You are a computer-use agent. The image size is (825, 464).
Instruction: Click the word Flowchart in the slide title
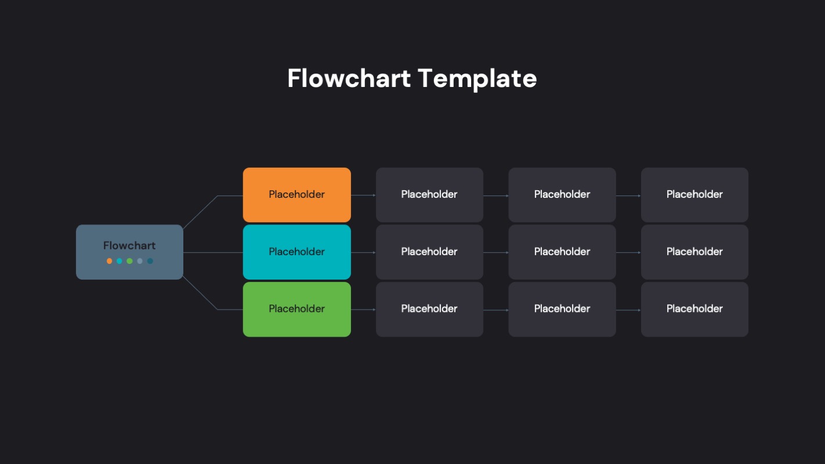(x=349, y=78)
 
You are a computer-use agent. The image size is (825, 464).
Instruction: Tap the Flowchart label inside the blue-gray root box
(x=129, y=245)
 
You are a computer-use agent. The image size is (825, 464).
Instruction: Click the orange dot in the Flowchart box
(x=109, y=261)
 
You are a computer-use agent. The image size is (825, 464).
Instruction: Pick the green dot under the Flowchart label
(x=129, y=261)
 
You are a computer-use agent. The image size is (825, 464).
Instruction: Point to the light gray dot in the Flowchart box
(x=140, y=261)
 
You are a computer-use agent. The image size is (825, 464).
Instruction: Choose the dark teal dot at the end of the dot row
(x=150, y=261)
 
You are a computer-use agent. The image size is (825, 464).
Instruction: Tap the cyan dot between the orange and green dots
(x=120, y=261)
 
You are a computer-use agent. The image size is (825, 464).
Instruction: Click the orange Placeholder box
(x=296, y=195)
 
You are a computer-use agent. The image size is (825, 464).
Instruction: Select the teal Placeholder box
(x=296, y=252)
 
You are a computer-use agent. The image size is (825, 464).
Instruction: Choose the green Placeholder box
(x=296, y=309)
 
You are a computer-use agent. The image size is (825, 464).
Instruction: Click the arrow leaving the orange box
(x=363, y=195)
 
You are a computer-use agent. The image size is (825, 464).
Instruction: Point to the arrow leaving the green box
(x=363, y=310)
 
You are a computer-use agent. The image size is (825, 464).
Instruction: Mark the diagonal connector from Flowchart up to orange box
(x=200, y=212)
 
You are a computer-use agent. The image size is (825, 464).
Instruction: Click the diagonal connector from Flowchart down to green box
(x=200, y=293)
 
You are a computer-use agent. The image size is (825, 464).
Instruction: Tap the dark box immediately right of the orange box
(x=429, y=195)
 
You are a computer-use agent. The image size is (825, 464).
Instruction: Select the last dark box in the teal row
(x=694, y=252)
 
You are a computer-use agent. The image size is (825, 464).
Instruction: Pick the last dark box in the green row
(x=694, y=309)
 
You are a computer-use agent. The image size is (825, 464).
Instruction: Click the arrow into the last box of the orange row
(x=628, y=195)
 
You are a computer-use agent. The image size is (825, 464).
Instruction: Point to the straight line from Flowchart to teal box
(x=213, y=252)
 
